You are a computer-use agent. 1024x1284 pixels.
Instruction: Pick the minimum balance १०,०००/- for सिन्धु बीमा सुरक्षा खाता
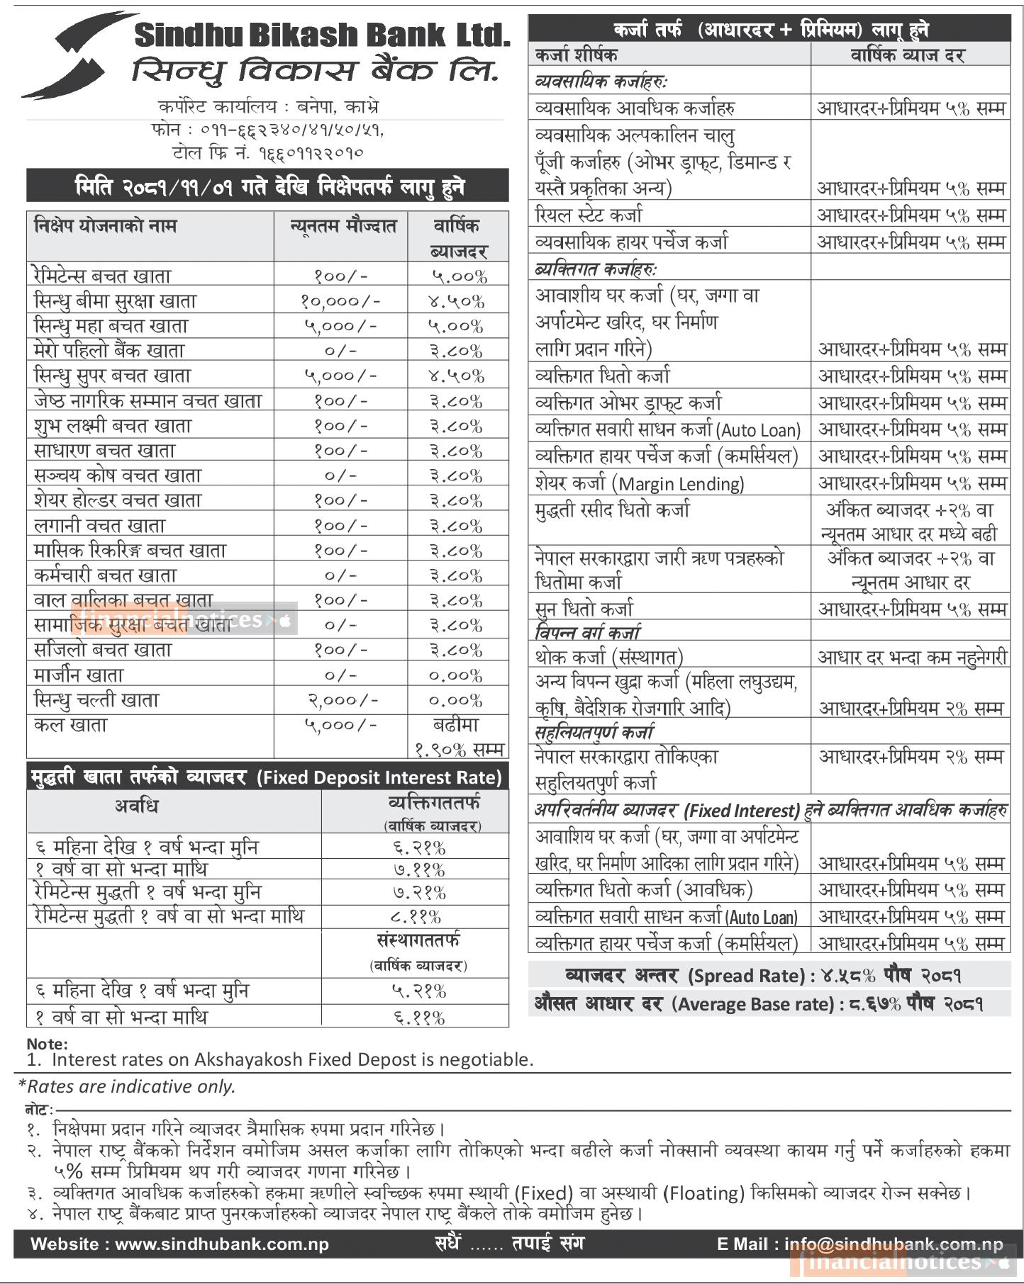[340, 301]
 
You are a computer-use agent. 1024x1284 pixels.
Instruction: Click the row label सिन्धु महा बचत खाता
[111, 326]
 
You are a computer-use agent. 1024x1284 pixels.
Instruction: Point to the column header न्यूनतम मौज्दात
[343, 227]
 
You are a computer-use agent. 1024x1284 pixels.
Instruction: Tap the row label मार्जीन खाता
[79, 675]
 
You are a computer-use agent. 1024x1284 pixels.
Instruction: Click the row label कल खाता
[70, 726]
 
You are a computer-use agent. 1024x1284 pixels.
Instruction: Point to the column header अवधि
[136, 806]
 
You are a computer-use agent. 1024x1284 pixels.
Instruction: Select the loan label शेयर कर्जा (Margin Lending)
[640, 483]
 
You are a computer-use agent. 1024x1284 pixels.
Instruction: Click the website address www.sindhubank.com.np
[222, 1244]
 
